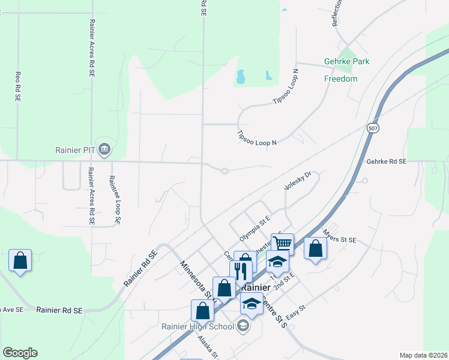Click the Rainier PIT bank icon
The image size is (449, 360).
(x=104, y=148)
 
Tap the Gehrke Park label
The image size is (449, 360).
(x=346, y=61)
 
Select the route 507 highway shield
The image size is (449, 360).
(x=373, y=128)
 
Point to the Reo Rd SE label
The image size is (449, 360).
(x=18, y=86)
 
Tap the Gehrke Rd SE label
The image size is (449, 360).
(x=386, y=162)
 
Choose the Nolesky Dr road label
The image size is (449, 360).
(x=298, y=181)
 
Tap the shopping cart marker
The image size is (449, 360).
(x=282, y=243)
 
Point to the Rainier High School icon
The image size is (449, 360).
(x=243, y=326)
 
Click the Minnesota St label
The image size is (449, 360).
(x=196, y=278)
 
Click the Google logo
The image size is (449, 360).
(x=20, y=353)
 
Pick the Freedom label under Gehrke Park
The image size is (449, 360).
(x=341, y=79)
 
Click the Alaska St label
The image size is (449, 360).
(x=209, y=346)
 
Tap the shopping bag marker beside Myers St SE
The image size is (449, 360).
(x=315, y=247)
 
